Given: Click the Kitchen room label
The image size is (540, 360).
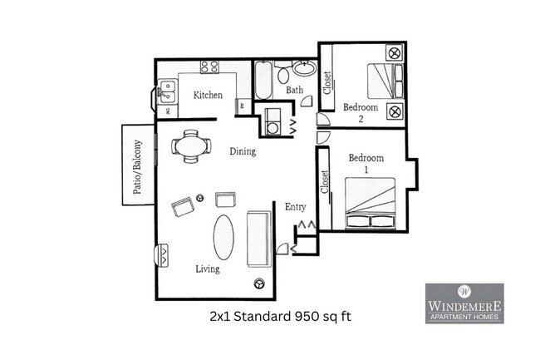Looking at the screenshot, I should pyautogui.click(x=208, y=96).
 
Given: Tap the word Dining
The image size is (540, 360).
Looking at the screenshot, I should pyautogui.click(x=243, y=152).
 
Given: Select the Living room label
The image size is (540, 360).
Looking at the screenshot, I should pyautogui.click(x=207, y=269).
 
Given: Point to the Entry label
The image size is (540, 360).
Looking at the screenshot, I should pyautogui.click(x=295, y=207).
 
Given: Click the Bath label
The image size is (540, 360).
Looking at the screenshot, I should pyautogui.click(x=294, y=90).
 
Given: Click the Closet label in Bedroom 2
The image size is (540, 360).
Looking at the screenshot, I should pyautogui.click(x=326, y=82).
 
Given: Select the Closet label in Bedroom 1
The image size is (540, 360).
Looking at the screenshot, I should pyautogui.click(x=324, y=188).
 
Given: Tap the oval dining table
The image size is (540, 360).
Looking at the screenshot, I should pyautogui.click(x=191, y=146).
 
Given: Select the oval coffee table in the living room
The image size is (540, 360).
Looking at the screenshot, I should pyautogui.click(x=223, y=238).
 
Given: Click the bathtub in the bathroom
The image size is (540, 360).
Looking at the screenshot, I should pyautogui.click(x=262, y=81).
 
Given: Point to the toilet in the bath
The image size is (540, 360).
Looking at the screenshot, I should pyautogui.click(x=283, y=74).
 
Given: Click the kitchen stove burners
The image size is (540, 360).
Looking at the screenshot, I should pyautogui.click(x=209, y=67).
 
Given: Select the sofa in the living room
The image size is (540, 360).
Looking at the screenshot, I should pyautogui.click(x=258, y=239).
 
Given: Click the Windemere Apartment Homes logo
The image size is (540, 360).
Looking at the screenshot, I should pyautogui.click(x=464, y=303).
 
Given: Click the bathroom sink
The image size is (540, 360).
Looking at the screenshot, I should pyautogui.click(x=304, y=70).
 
